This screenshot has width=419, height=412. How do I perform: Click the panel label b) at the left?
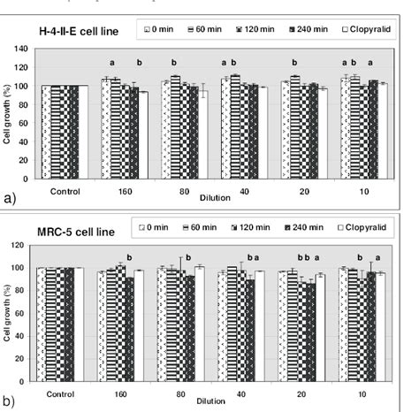coord(11,401)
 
